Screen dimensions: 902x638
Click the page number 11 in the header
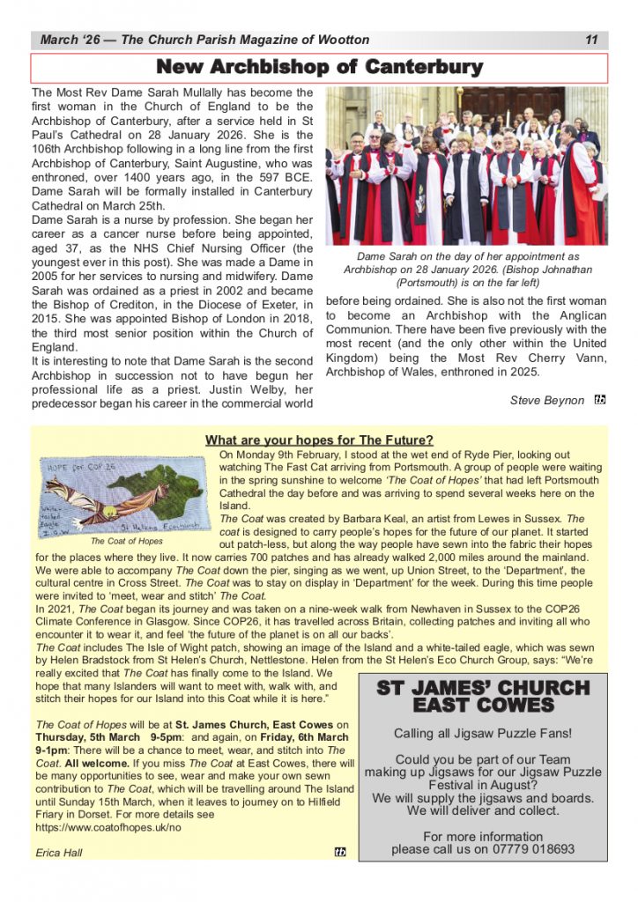[591, 40]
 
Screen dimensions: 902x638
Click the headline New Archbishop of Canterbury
[319, 68]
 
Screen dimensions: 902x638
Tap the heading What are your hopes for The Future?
[319, 440]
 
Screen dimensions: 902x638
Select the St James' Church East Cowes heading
[483, 696]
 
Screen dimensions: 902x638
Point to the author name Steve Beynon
[546, 400]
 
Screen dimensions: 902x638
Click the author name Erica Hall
[59, 853]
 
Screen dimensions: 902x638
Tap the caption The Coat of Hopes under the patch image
[126, 542]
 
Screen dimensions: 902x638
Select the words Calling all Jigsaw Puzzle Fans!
[483, 733]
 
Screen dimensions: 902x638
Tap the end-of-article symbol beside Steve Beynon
[600, 400]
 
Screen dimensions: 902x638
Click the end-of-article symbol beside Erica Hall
[340, 852]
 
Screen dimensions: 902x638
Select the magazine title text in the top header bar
[204, 40]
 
